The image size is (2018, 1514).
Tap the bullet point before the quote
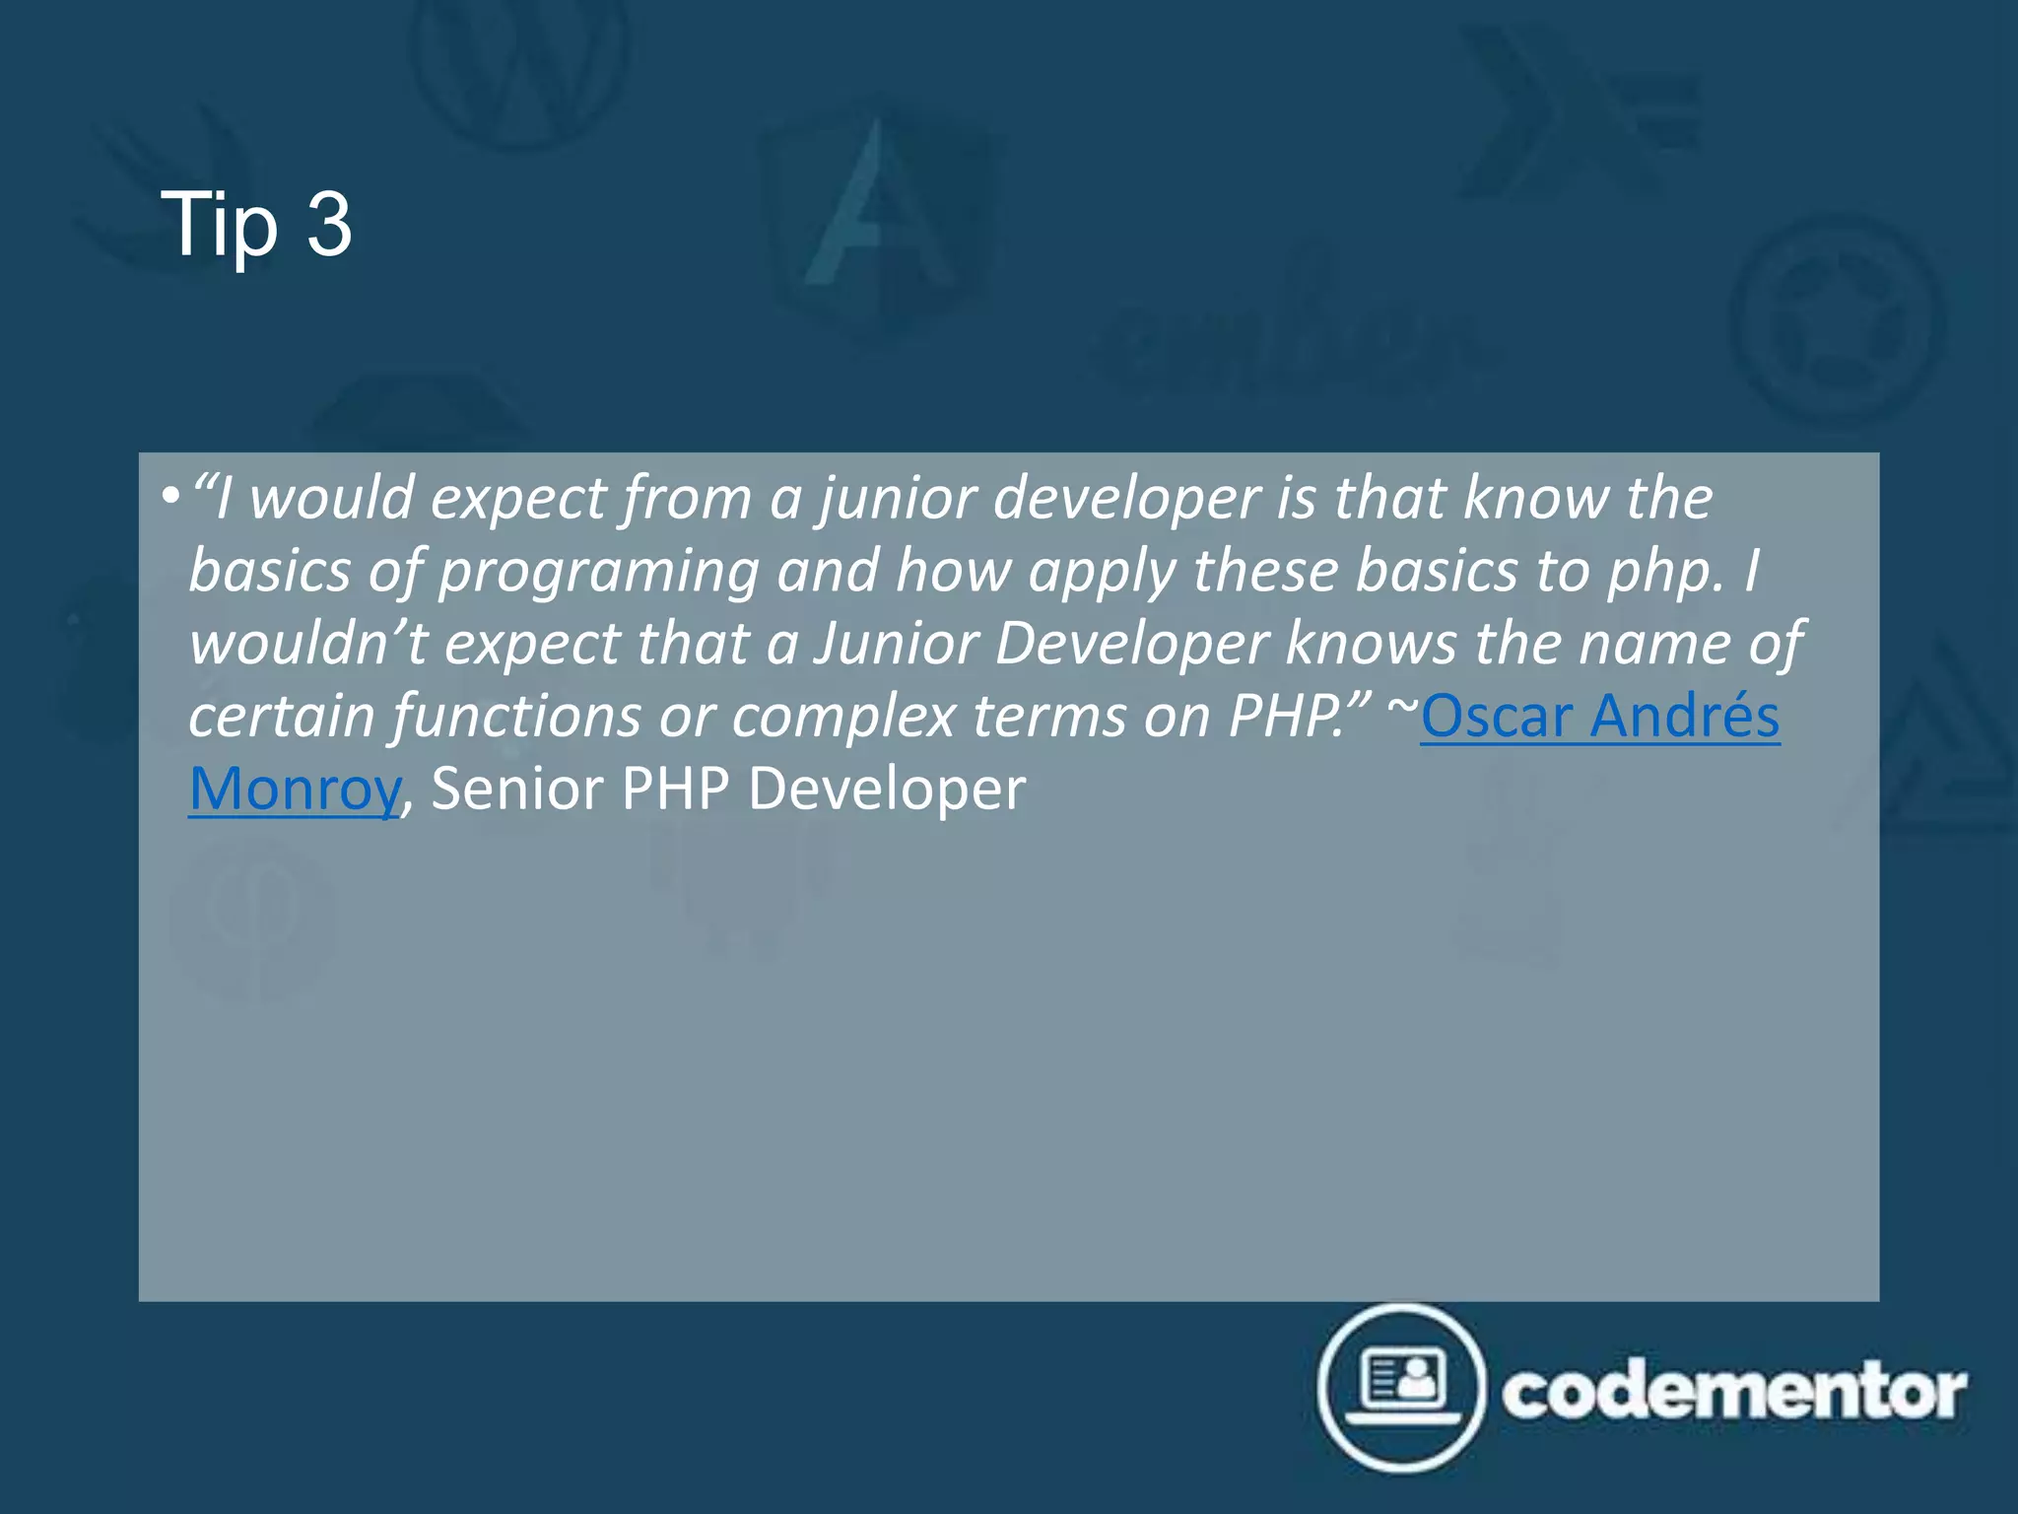[169, 495]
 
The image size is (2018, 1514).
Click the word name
[1650, 644]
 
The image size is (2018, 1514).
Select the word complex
[843, 718]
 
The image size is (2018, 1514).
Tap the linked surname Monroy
[295, 790]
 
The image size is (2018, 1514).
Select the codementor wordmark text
[1733, 1391]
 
